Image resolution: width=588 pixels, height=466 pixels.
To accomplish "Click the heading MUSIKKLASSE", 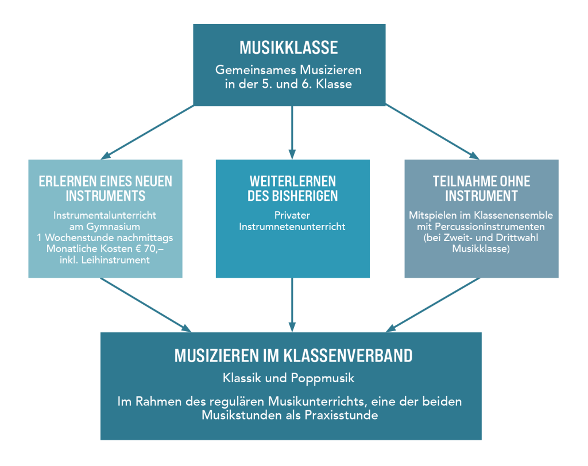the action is (289, 48).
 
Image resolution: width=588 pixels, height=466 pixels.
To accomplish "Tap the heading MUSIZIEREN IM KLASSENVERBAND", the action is (293, 355).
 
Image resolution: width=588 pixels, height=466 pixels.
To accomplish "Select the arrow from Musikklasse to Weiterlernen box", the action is (292, 133).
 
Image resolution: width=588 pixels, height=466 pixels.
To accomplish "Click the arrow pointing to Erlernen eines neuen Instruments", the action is (148, 133).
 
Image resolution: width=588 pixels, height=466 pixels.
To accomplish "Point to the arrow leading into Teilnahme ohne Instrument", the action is (432, 132).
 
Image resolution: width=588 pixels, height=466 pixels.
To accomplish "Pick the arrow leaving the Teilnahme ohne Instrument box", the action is (433, 305).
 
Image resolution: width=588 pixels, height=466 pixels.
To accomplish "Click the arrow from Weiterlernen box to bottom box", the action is (292, 305).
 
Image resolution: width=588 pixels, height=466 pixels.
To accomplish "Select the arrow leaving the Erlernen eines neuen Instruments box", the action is (146, 305).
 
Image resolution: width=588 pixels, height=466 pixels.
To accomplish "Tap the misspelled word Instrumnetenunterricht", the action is (292, 227).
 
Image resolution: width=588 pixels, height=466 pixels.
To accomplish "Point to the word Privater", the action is (292, 215).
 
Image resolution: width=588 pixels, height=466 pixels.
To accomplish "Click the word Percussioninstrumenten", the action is (490, 227).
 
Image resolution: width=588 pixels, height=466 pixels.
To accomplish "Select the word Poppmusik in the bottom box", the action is (323, 378).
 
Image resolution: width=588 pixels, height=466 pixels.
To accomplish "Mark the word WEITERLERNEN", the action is (293, 181).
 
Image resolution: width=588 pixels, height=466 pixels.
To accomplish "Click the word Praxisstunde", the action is (341, 415).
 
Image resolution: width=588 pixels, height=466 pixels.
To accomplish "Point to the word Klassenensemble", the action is (513, 215).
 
